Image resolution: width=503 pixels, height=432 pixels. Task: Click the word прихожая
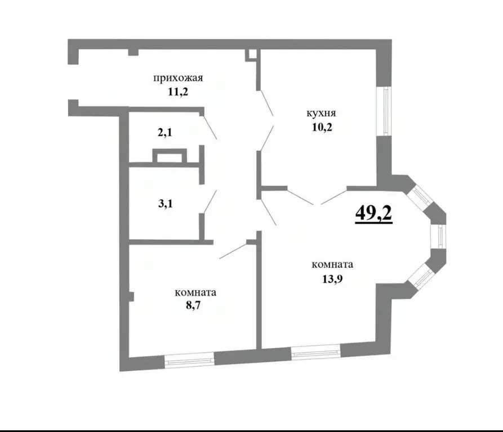point(177,78)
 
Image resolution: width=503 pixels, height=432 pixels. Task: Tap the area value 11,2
point(177,92)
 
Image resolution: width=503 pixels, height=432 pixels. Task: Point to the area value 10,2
point(322,127)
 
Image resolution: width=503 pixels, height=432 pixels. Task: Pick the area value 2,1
point(164,133)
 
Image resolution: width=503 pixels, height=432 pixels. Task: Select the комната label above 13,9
point(332,264)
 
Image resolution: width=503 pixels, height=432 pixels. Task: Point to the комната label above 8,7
point(195,292)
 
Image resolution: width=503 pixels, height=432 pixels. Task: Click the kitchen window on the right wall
point(386,111)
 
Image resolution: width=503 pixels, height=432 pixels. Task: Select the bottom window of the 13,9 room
point(315,352)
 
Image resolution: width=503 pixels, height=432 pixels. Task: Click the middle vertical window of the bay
point(438,236)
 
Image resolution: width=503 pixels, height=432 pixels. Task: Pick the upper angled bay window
point(420,196)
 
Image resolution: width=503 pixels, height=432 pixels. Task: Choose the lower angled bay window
point(421,276)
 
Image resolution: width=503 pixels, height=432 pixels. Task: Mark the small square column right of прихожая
point(252,55)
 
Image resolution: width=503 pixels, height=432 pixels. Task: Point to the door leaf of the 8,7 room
point(233,251)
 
